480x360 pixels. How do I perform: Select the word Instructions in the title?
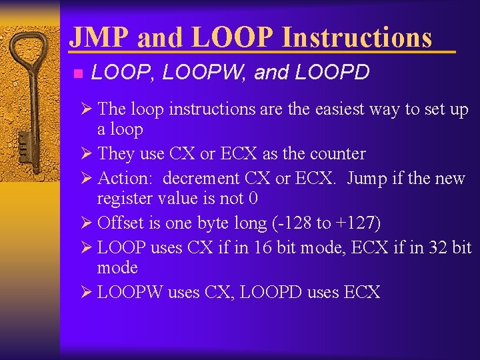click(x=357, y=37)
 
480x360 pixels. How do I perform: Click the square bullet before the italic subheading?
click(x=77, y=73)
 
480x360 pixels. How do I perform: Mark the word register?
click(x=124, y=199)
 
